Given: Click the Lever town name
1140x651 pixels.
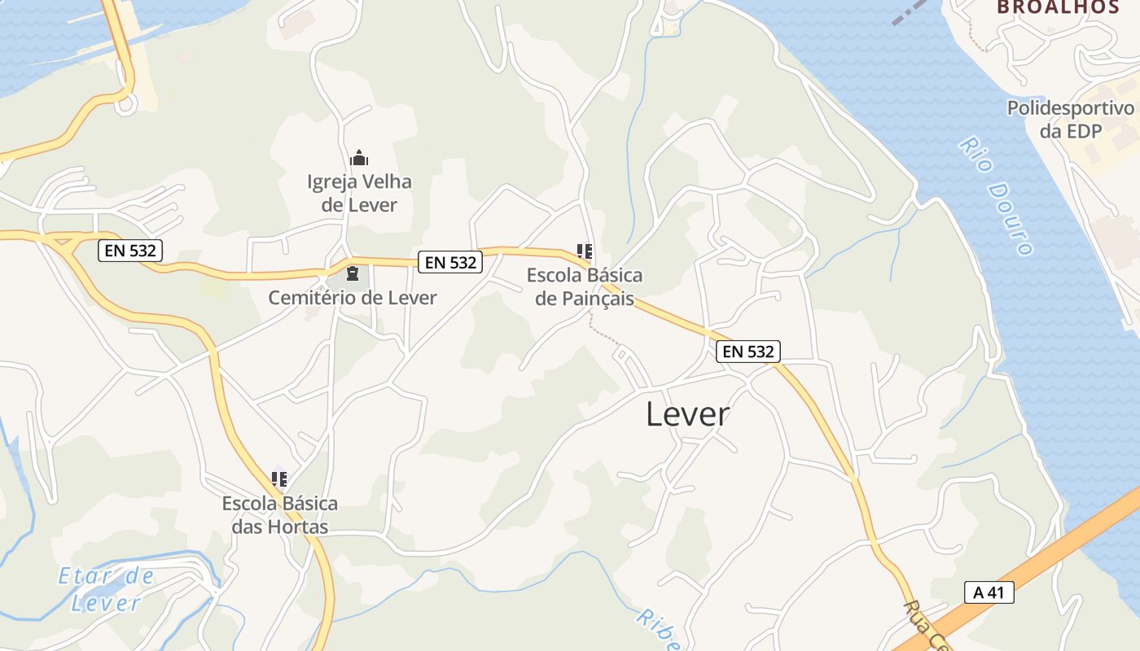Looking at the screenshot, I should point(687,414).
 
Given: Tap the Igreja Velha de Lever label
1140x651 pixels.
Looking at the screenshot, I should point(359,193).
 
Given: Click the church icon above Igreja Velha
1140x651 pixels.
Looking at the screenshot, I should point(359,158).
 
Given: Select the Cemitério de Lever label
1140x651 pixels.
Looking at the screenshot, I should point(353,298).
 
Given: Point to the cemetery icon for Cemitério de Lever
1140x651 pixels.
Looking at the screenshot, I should point(353,273).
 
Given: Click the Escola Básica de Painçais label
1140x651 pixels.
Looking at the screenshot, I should point(584,286).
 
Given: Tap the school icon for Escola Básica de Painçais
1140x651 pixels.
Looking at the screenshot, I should point(584,251).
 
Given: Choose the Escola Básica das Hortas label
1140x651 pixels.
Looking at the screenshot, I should point(279,515).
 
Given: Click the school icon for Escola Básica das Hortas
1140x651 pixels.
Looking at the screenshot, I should point(279,479).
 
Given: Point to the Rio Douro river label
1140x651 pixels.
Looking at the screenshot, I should point(996,195).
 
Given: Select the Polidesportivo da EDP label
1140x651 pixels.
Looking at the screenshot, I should point(1070,120).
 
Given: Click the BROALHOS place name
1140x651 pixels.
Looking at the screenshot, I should point(1058,7).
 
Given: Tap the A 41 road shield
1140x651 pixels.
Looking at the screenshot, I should point(989,592).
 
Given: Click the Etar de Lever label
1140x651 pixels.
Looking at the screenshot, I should point(106,589).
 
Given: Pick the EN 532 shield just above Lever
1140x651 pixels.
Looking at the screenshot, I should point(748,352).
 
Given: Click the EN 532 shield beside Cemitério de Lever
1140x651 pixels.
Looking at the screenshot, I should point(450,262).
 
